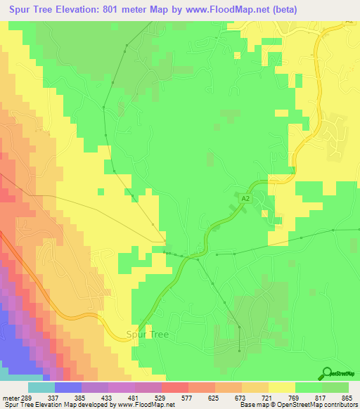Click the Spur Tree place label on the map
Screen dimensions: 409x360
pos(147,335)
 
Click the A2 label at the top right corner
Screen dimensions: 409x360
pos(349,22)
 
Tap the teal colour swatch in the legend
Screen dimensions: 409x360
pos(41,388)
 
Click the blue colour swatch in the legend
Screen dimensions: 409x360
pos(68,388)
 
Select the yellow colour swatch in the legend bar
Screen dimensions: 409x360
pos(282,388)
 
